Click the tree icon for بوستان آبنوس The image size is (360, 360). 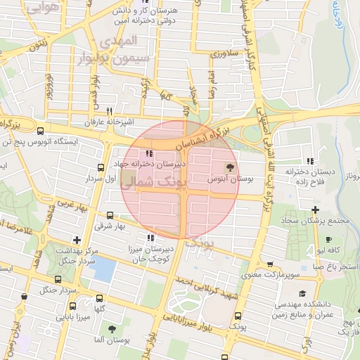tap(229, 167)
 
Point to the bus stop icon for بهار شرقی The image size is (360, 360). tap(109, 216)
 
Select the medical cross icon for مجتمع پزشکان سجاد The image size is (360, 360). tap(315, 210)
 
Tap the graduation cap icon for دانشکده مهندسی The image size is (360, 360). tap(302, 292)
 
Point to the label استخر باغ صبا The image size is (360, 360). tap(336, 267)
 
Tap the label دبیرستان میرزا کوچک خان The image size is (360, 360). tap(149, 254)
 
